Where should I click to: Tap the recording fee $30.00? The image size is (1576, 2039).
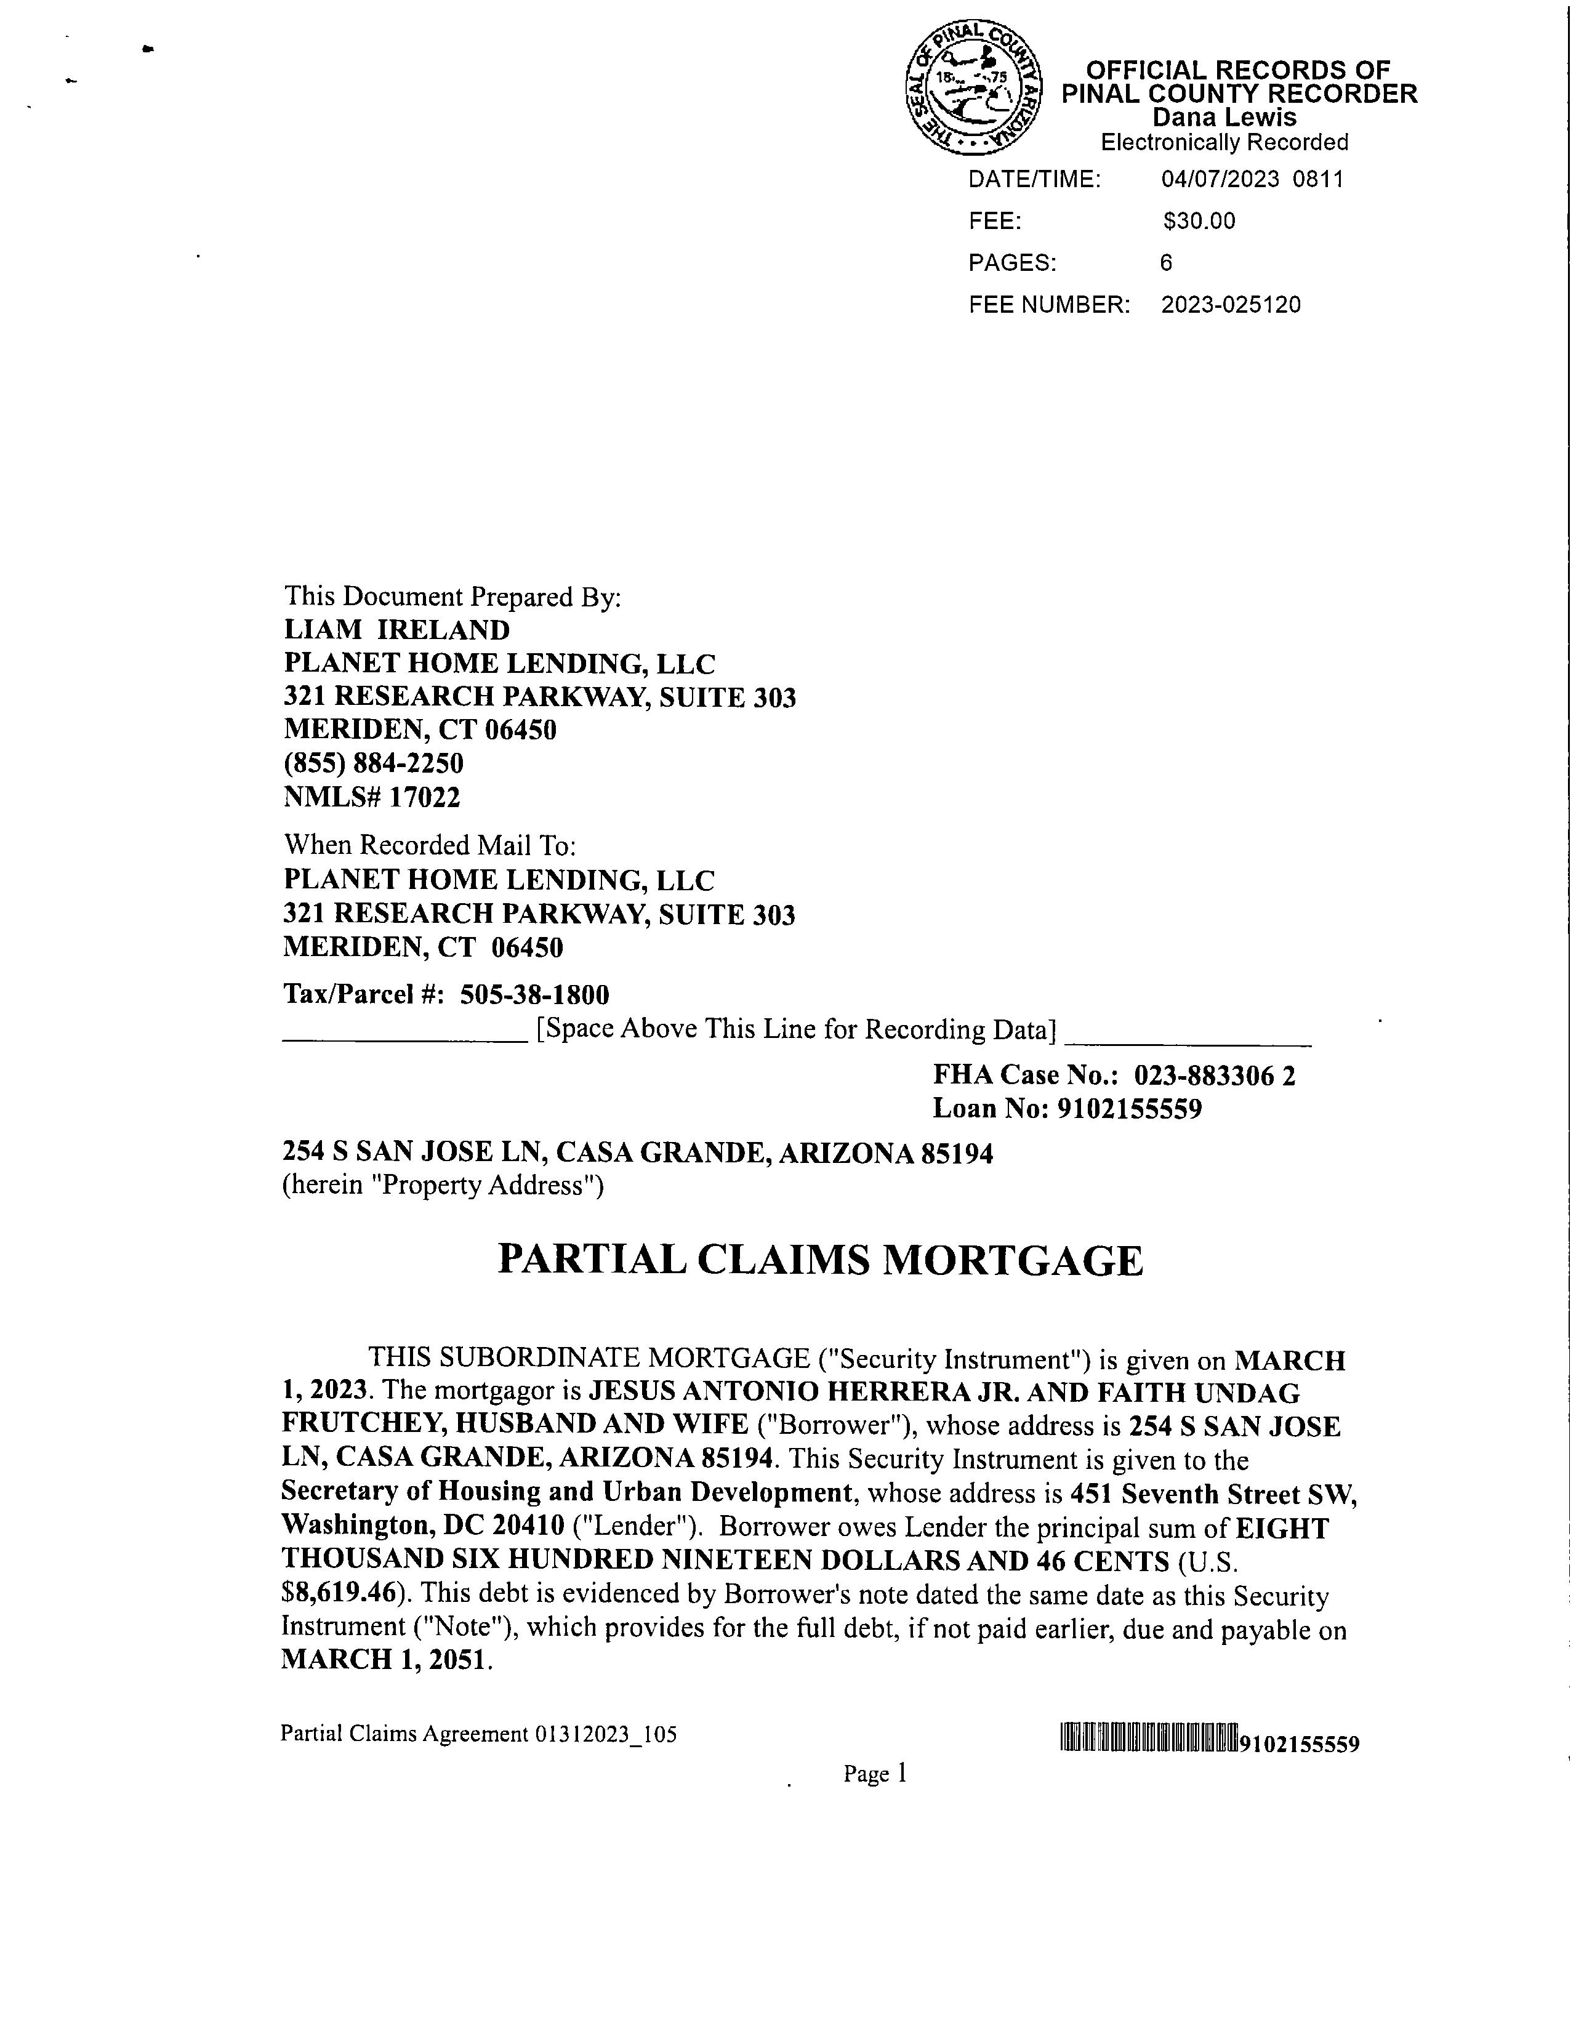click(x=1199, y=221)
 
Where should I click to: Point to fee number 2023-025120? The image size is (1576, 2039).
click(x=1231, y=305)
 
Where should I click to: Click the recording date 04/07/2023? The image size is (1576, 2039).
click(x=1220, y=179)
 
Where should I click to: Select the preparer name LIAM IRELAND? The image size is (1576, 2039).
click(x=397, y=630)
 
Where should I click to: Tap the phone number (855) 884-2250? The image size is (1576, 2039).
click(x=374, y=763)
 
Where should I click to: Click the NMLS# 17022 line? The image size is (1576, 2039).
click(x=372, y=797)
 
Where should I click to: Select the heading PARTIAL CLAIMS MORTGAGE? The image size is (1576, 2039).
click(x=820, y=1260)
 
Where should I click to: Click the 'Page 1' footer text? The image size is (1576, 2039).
click(x=875, y=1773)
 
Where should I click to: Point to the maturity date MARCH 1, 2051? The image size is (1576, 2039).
click(x=385, y=1659)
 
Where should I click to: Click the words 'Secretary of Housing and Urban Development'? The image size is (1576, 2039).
click(x=567, y=1491)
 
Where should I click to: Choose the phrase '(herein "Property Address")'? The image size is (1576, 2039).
click(x=443, y=1186)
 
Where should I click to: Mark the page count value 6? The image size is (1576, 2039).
click(x=1166, y=263)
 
